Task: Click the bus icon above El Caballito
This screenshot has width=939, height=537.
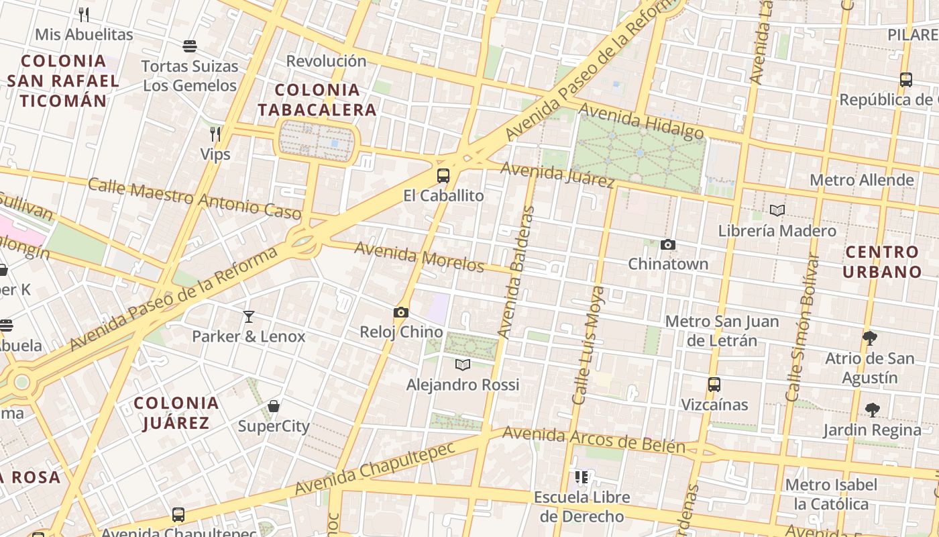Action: click(x=443, y=176)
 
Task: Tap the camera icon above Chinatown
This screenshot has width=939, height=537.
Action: click(x=667, y=245)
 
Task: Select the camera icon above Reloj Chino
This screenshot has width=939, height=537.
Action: click(x=401, y=312)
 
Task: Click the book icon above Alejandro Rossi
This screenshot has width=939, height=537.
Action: click(x=463, y=364)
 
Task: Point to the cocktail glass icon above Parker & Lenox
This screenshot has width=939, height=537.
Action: click(x=249, y=316)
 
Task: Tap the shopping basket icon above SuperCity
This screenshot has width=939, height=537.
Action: click(x=274, y=406)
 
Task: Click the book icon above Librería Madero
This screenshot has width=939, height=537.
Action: click(x=777, y=211)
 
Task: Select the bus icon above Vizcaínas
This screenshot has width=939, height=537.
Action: click(x=714, y=385)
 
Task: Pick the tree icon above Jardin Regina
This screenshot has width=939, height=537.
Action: click(x=872, y=409)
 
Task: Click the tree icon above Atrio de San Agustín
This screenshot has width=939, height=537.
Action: click(x=869, y=338)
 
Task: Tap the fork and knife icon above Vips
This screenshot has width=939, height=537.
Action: click(x=215, y=134)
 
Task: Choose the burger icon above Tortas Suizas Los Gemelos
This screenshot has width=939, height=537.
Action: click(x=190, y=46)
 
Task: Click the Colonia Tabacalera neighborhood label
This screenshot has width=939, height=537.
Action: click(x=317, y=100)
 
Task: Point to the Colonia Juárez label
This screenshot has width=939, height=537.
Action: click(x=176, y=413)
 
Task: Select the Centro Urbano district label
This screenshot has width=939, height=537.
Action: click(x=882, y=262)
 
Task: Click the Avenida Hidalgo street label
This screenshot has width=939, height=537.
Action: click(x=641, y=121)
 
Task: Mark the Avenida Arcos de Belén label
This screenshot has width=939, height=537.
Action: click(x=594, y=440)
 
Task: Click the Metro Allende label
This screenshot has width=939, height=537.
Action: click(x=862, y=180)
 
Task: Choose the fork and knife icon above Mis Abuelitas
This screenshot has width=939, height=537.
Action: click(x=84, y=14)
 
